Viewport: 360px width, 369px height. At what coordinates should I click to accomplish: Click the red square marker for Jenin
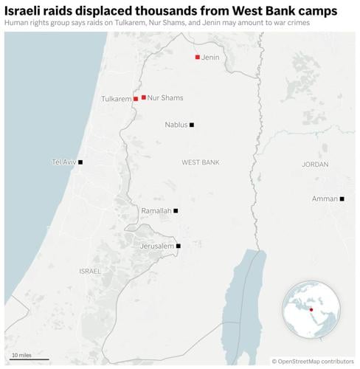click(x=197, y=57)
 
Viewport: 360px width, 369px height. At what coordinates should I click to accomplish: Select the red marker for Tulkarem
click(x=136, y=98)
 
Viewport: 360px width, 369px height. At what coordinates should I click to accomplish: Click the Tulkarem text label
click(x=116, y=98)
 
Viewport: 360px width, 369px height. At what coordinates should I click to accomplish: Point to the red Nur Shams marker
click(x=143, y=97)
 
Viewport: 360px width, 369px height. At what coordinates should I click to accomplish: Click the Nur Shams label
click(x=165, y=97)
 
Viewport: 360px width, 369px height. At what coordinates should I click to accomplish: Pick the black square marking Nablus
click(x=192, y=125)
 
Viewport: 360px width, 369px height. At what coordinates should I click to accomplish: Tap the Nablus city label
click(x=176, y=125)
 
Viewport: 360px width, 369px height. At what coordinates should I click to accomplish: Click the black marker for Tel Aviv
click(x=80, y=162)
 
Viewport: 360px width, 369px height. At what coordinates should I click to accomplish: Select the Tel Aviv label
click(x=63, y=162)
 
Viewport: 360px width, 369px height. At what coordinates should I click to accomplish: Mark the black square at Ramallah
click(x=176, y=210)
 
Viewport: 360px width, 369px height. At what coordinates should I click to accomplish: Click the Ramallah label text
click(x=156, y=210)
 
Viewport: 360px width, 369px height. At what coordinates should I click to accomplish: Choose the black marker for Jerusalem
click(x=179, y=246)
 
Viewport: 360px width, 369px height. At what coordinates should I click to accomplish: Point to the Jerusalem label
click(x=157, y=246)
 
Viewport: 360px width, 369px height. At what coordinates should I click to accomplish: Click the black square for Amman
click(x=342, y=199)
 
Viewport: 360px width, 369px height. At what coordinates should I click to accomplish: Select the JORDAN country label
click(x=315, y=164)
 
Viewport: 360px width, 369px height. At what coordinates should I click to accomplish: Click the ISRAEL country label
click(x=90, y=271)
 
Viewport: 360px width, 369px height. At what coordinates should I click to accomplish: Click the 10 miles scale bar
click(x=30, y=358)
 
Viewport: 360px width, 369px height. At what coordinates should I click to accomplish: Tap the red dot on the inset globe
click(x=311, y=309)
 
